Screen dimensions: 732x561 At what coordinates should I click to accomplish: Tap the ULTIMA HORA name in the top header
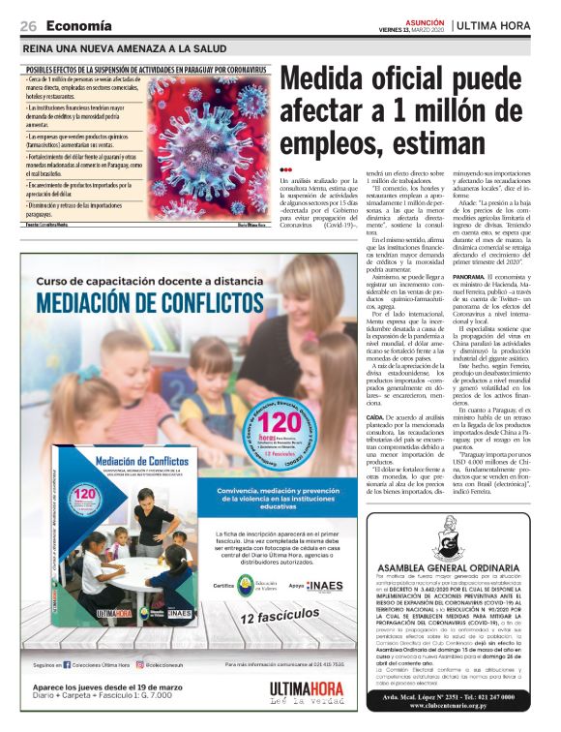click(498, 24)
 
